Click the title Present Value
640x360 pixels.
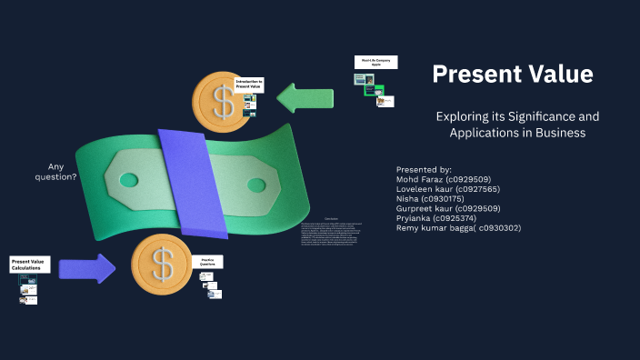(513, 75)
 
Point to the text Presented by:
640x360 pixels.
(424, 170)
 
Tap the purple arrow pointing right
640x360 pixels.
(87, 268)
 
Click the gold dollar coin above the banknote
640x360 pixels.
(220, 99)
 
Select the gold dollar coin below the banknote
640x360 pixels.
(161, 265)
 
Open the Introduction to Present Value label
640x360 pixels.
(249, 85)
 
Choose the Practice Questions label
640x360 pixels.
(207, 262)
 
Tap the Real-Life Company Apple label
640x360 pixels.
(375, 63)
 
